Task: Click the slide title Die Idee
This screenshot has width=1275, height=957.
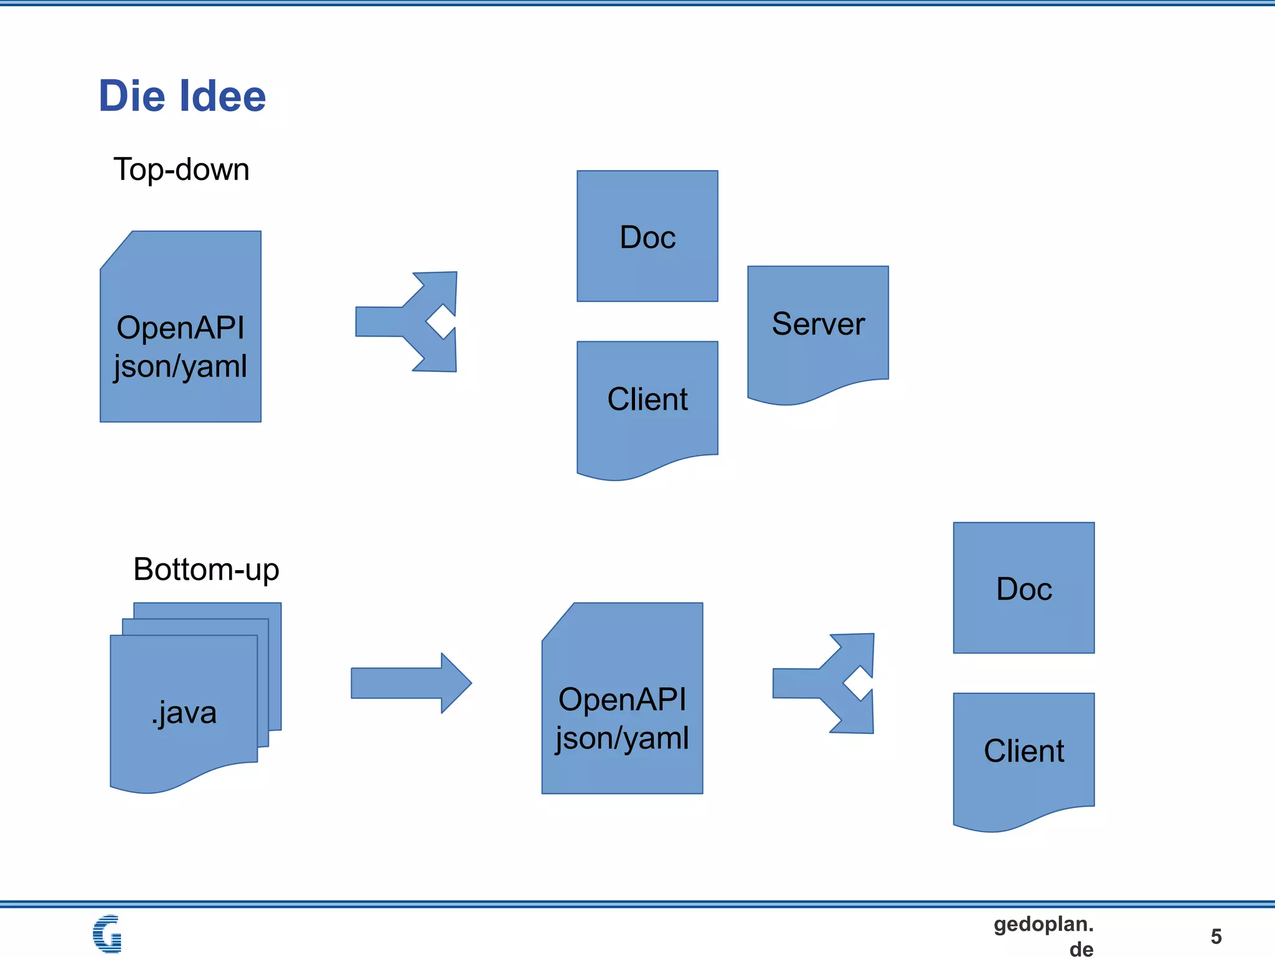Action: point(182,97)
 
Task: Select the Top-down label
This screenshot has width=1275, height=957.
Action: point(181,169)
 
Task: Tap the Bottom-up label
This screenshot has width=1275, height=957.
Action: point(206,569)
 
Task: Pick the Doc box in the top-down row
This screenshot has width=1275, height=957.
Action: point(647,237)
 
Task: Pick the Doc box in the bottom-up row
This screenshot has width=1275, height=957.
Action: point(1023,588)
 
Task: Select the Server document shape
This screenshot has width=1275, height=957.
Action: point(818,330)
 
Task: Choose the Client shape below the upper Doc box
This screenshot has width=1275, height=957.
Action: point(647,405)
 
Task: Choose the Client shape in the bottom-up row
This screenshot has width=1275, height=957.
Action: point(1023,757)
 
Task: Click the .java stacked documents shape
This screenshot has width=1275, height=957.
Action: point(187,704)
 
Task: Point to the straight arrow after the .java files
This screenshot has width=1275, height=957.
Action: point(411,683)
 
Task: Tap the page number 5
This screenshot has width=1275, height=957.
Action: point(1216,936)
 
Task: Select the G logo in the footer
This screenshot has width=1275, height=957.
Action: point(107,933)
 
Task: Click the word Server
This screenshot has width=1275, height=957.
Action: point(818,324)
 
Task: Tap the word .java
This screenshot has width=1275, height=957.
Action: point(184,712)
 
